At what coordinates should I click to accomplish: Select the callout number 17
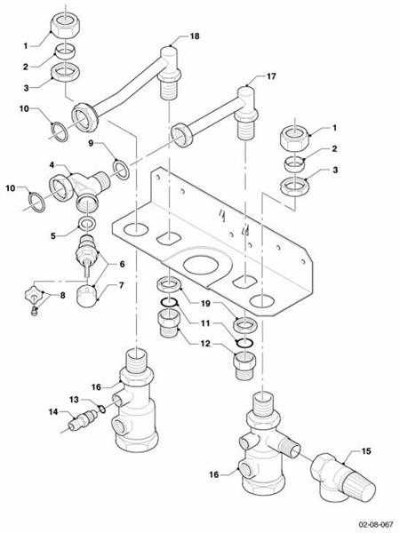click(x=271, y=77)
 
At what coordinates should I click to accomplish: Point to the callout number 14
click(x=52, y=412)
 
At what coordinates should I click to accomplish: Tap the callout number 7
click(x=124, y=286)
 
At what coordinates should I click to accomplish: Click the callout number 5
click(x=52, y=235)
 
